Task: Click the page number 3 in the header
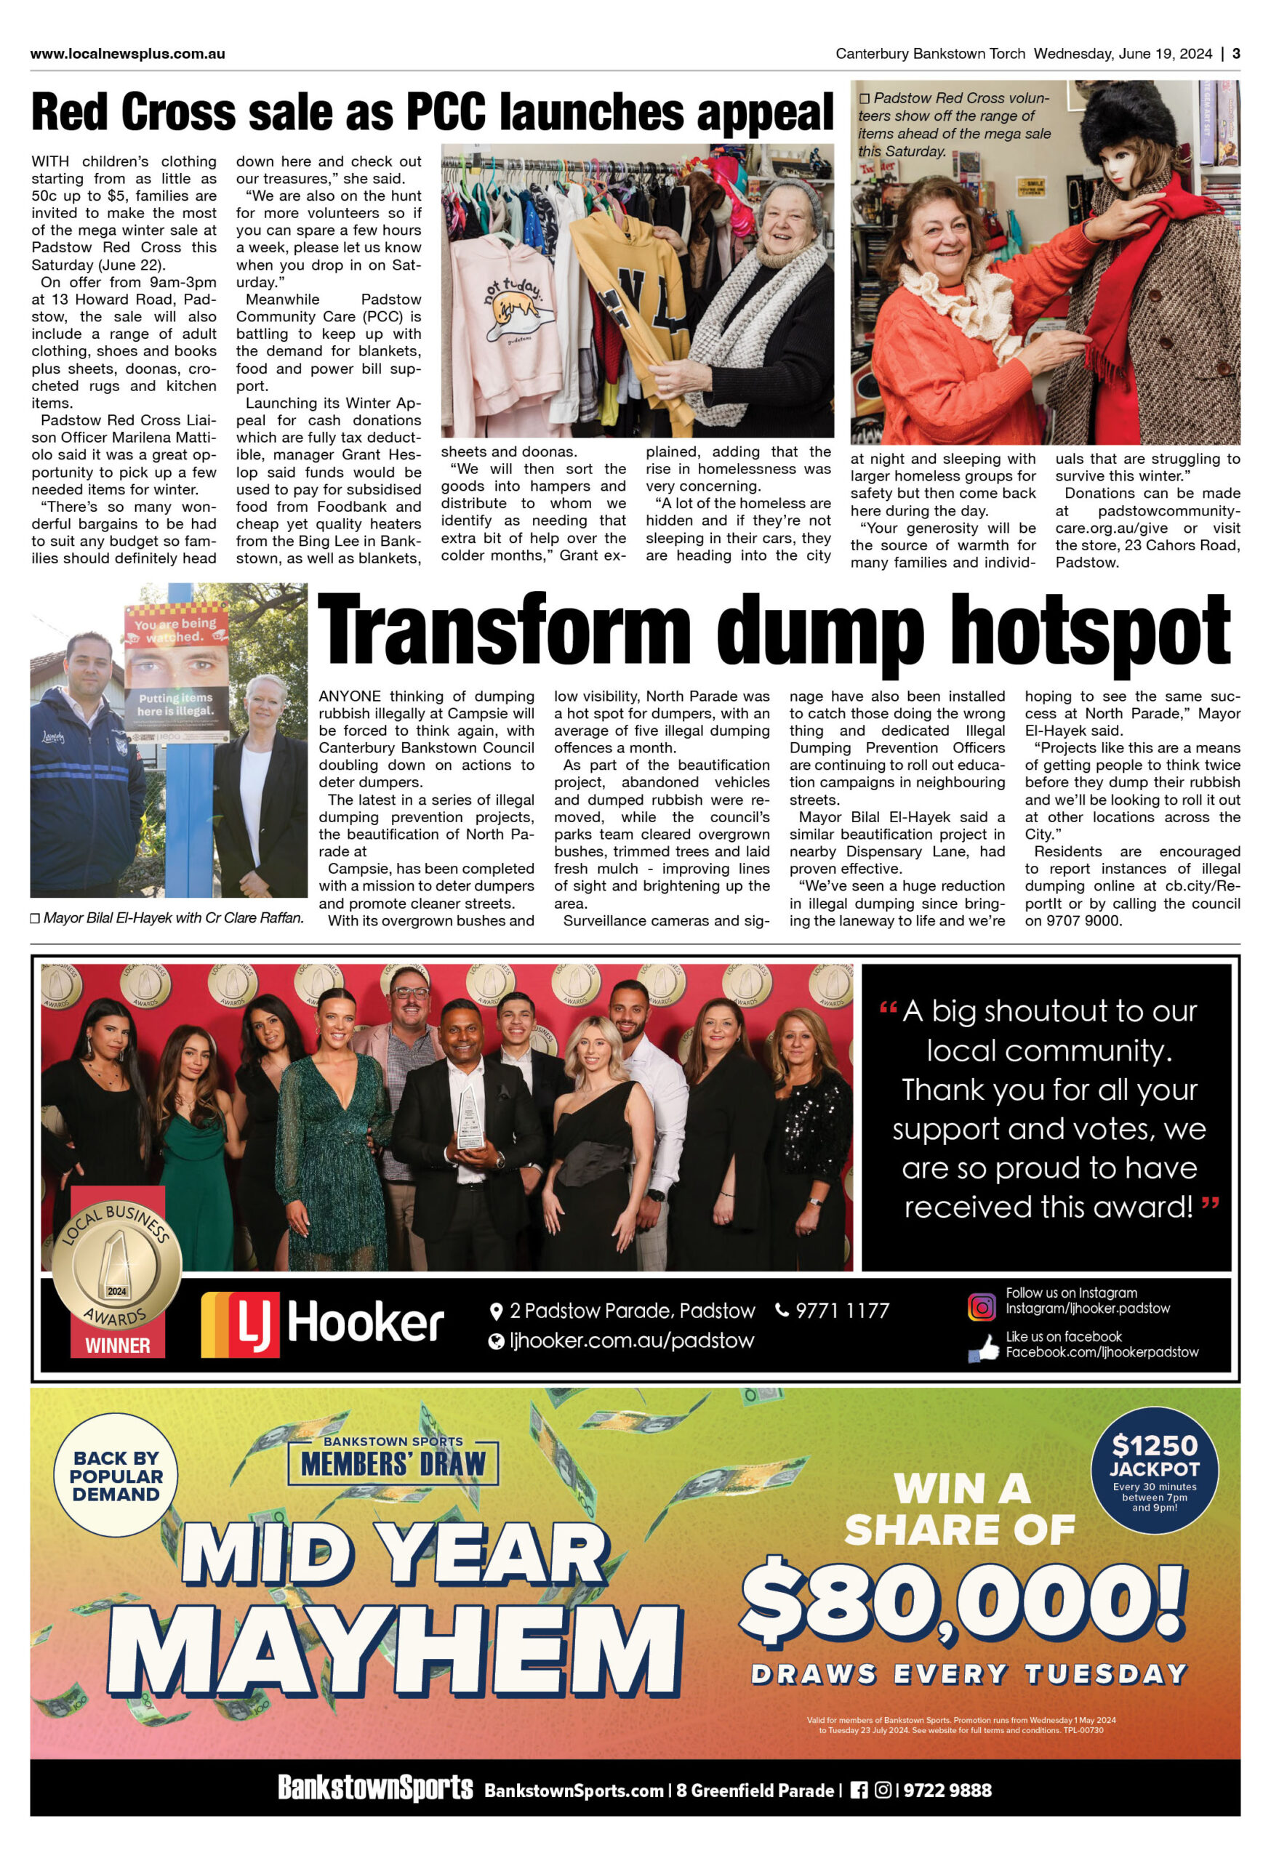coord(1236,54)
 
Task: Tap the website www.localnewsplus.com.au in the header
coord(127,55)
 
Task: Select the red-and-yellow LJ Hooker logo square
coord(240,1324)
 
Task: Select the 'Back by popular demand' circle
coord(116,1476)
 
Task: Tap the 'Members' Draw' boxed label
coord(393,1463)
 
